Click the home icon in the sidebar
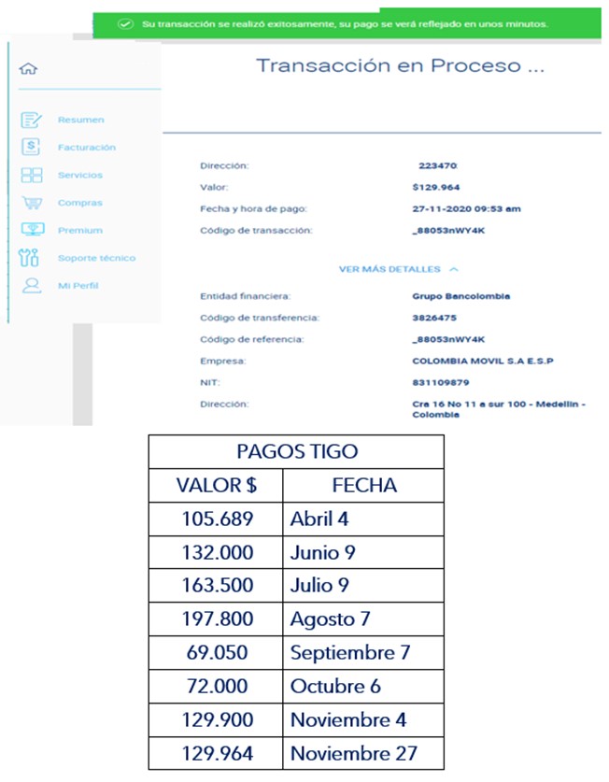tap(28, 69)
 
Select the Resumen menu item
tap(80, 120)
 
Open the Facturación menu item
tap(86, 148)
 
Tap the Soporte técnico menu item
tap(96, 258)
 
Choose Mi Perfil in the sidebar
tap(78, 285)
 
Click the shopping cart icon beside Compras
tap(32, 203)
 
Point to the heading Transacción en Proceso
tap(400, 66)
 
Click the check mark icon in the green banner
tap(126, 22)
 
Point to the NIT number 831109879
tap(441, 381)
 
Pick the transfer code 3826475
tap(432, 318)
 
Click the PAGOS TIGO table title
tap(296, 451)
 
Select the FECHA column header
tap(363, 485)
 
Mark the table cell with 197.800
tap(216, 619)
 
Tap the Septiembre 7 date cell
tap(349, 652)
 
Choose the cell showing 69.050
tap(216, 652)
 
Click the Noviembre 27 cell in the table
tap(353, 753)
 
